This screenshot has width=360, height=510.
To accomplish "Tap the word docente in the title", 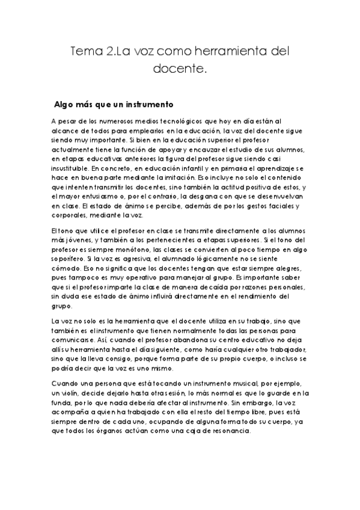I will pyautogui.click(x=178, y=70).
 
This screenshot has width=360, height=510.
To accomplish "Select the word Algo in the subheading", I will pyautogui.click(x=66, y=103).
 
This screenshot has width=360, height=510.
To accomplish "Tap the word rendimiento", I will pyautogui.click(x=257, y=296).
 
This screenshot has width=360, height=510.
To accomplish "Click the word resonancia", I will pyautogui.click(x=230, y=431).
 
